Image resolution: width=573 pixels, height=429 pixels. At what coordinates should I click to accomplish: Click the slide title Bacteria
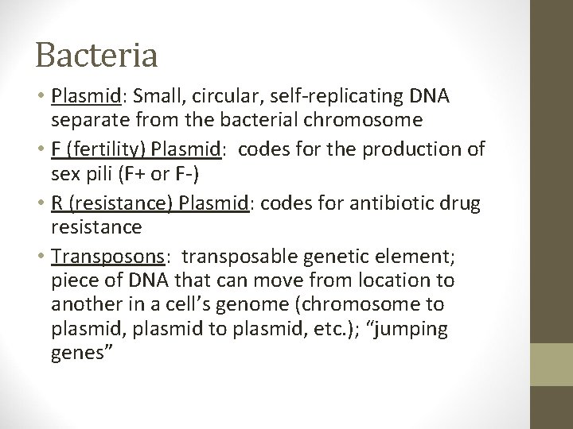tap(96, 55)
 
